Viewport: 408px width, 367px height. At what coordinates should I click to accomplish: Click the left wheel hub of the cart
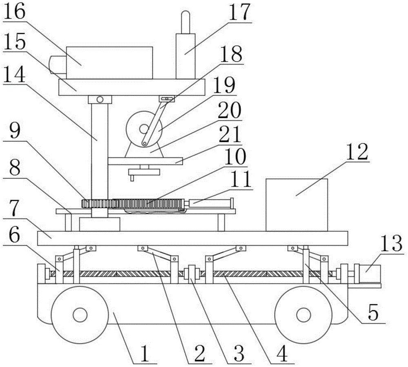(80, 315)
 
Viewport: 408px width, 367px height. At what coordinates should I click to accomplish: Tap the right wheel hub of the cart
(303, 315)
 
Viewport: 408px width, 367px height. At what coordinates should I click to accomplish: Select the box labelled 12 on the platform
(296, 204)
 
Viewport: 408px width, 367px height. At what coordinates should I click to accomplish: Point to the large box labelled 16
(109, 62)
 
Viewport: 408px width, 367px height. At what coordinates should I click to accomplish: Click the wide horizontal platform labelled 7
(192, 238)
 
